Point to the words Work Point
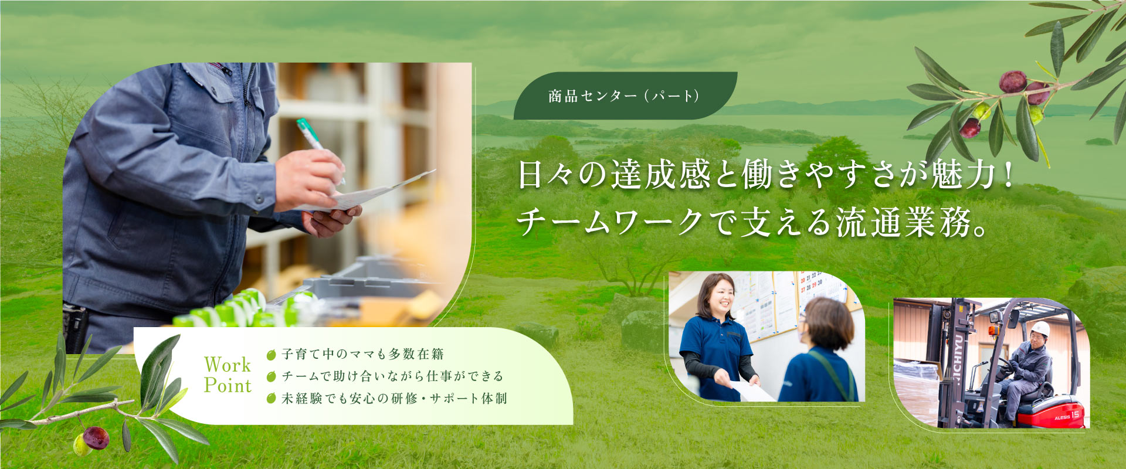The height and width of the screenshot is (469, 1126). tap(228, 375)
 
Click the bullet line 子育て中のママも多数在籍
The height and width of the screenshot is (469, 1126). tap(362, 354)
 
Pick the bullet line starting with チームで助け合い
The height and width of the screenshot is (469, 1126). tap(392, 376)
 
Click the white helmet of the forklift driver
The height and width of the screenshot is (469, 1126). tap(1040, 328)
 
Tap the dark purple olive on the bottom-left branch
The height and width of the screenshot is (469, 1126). tap(96, 437)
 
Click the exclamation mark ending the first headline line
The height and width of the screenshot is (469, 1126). tap(1008, 175)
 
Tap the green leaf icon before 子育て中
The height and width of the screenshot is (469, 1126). tap(271, 355)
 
